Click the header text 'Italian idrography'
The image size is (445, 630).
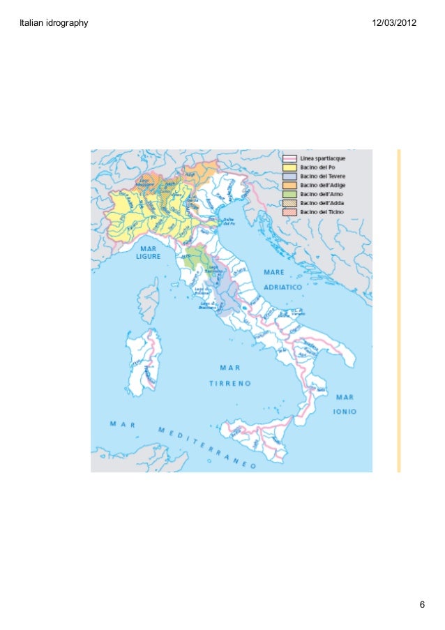tap(56, 24)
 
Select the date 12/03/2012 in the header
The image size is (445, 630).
tap(394, 24)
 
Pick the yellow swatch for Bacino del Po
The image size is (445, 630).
tap(289, 167)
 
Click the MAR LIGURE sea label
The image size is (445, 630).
tap(147, 252)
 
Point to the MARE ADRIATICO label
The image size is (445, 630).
tap(282, 278)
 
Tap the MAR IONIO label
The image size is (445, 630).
tap(345, 404)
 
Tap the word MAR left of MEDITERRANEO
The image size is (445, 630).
tap(122, 423)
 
